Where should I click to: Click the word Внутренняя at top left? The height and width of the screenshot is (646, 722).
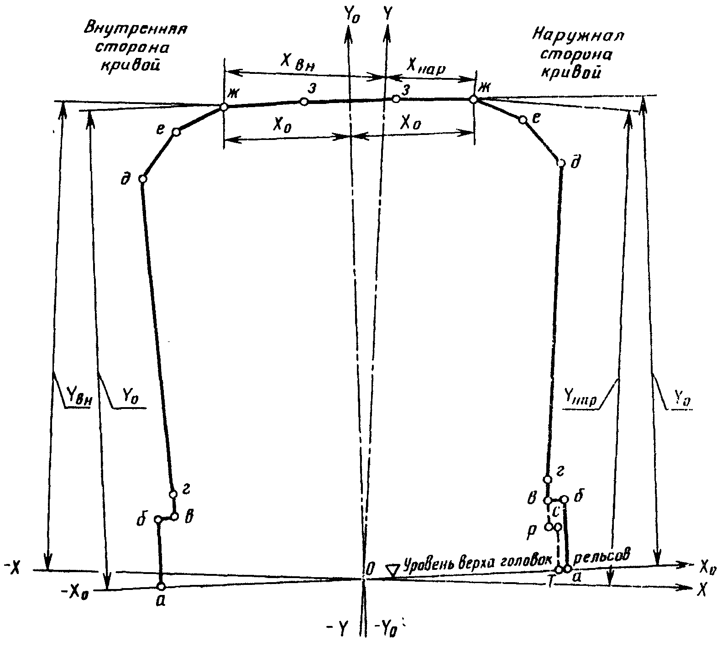pyautogui.click(x=135, y=29)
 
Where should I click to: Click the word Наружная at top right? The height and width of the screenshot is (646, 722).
pyautogui.click(x=578, y=35)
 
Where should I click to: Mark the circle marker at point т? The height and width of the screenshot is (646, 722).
pyautogui.click(x=559, y=570)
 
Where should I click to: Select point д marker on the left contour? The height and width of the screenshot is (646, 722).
pyautogui.click(x=142, y=179)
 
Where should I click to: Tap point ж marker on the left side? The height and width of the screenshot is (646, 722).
pyautogui.click(x=224, y=107)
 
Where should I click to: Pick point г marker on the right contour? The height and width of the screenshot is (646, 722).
pyautogui.click(x=547, y=479)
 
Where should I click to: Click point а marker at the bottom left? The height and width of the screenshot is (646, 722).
pyautogui.click(x=161, y=586)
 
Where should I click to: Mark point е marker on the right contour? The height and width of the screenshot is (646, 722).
pyautogui.click(x=523, y=120)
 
